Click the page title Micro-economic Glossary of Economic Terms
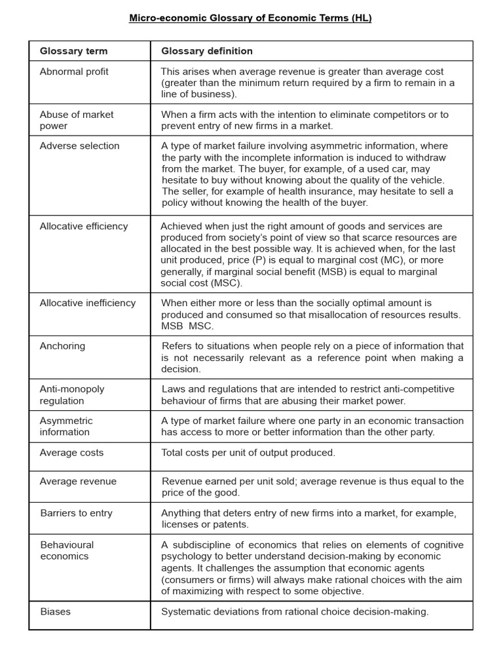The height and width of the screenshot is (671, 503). pos(250,18)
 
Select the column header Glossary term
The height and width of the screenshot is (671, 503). pos(73,51)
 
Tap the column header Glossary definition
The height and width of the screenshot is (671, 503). pos(207,51)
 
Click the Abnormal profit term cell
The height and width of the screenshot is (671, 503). pos(74,71)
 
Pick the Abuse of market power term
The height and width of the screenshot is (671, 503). pos(76,120)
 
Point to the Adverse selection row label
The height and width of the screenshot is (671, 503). pos(79,146)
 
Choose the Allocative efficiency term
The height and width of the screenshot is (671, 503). pos(84,226)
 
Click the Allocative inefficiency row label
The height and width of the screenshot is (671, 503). pos(88,303)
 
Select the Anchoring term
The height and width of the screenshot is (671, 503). pos(62,346)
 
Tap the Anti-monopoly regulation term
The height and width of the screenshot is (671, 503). pos(72,394)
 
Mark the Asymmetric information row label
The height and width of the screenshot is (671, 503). pos(66,426)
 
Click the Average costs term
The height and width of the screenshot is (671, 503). pos(71,453)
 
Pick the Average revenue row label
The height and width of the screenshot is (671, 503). pos(78,482)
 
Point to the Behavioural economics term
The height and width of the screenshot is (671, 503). pos(67,550)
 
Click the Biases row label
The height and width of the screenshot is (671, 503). pos(55,611)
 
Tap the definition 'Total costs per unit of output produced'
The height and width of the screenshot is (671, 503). pos(248,453)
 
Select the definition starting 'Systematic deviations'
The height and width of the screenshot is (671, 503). pos(295,611)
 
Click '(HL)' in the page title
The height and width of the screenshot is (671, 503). pos(361,18)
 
